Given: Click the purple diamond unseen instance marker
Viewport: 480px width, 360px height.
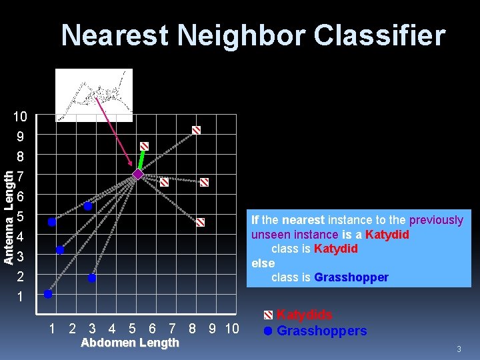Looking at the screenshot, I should (x=137, y=175).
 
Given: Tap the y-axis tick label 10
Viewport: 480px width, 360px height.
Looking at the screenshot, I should (x=20, y=117).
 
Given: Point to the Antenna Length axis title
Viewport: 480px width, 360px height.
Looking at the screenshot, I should (x=9, y=217).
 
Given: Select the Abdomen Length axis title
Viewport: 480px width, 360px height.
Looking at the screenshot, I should (x=129, y=343).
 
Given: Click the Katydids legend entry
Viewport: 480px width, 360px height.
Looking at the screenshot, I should (x=304, y=314).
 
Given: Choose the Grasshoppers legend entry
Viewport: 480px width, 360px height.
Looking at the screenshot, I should (x=321, y=331).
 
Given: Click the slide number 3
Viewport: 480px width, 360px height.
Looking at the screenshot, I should (x=459, y=349).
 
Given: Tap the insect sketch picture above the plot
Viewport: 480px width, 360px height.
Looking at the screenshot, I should (x=94, y=95).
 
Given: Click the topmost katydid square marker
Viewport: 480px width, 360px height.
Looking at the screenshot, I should (x=196, y=130).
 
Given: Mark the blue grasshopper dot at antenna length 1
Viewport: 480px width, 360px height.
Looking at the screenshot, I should (x=48, y=293).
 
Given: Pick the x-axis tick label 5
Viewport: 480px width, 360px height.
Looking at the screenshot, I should (x=132, y=328).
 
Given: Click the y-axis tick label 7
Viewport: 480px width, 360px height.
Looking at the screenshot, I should (x=21, y=177).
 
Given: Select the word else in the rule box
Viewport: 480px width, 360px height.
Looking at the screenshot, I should (x=263, y=263).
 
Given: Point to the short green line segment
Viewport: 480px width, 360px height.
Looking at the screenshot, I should (x=141, y=160).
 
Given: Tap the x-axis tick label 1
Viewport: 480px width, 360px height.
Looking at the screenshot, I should (x=52, y=328).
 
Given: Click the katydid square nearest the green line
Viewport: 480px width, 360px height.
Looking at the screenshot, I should (x=144, y=146).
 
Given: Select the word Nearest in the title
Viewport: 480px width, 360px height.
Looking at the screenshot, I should (x=115, y=35).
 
